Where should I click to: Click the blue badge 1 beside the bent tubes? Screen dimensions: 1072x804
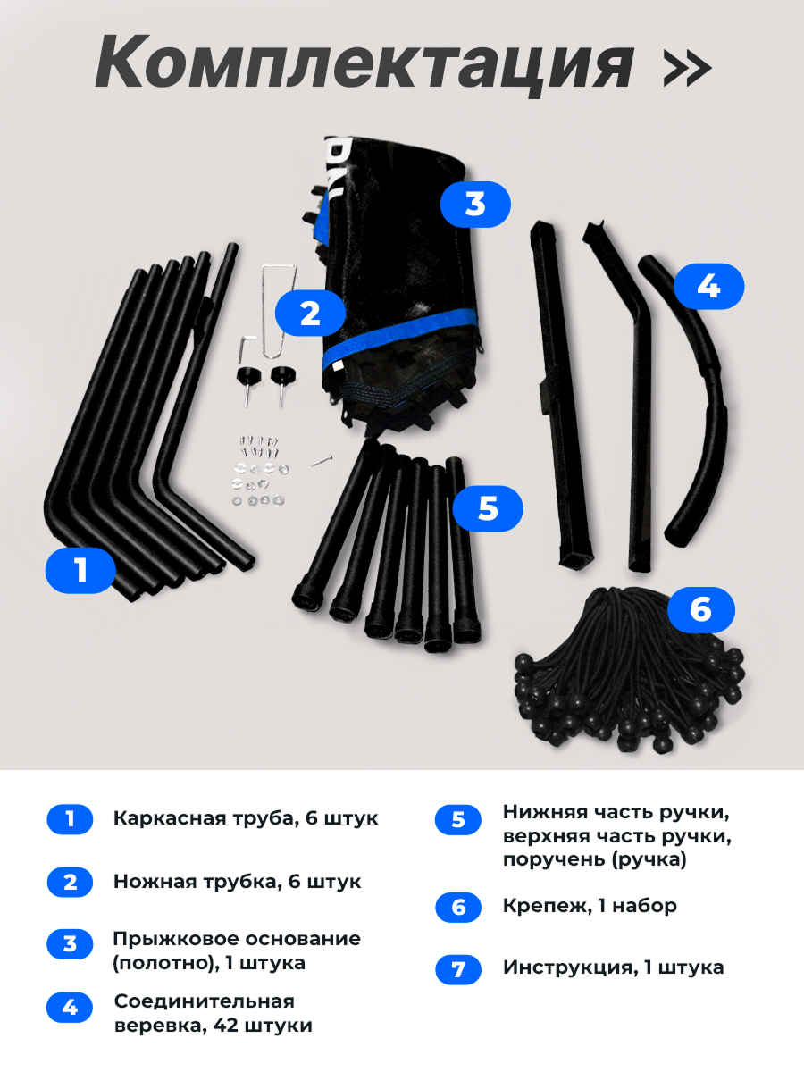click(x=80, y=569)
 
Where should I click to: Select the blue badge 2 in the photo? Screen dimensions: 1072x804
click(x=309, y=314)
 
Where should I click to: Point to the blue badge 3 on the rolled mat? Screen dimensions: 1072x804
click(x=475, y=204)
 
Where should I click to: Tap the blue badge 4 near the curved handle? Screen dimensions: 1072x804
click(x=708, y=287)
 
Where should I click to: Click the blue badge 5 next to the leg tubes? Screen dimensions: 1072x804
click(x=487, y=508)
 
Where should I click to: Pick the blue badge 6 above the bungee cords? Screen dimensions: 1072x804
click(x=699, y=609)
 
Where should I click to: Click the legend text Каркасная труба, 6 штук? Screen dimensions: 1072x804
click(x=246, y=818)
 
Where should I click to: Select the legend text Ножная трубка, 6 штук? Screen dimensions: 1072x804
click(x=237, y=882)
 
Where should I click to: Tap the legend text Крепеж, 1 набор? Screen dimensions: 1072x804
click(x=590, y=906)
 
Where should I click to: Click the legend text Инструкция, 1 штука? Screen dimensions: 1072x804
click(x=613, y=967)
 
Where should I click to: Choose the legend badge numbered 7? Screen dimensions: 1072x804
click(x=458, y=969)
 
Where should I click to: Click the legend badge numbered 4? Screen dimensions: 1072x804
click(x=70, y=1008)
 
